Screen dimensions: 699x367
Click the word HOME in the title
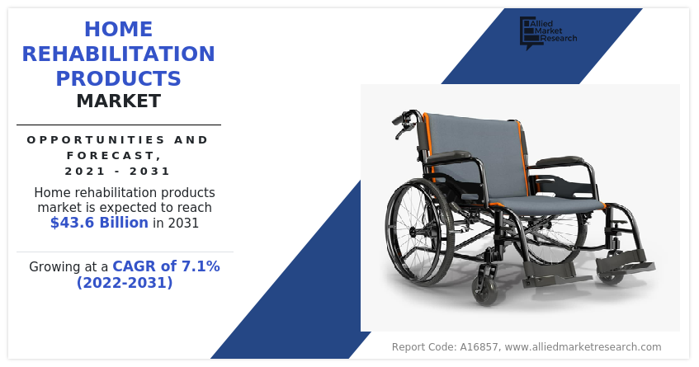click(119, 30)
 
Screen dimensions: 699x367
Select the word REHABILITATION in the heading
click(119, 54)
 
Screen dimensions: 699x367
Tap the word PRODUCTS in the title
click(119, 78)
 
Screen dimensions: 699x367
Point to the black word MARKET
click(119, 101)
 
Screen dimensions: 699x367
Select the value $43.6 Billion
click(99, 222)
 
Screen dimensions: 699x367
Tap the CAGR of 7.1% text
click(166, 266)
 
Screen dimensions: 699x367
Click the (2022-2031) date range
click(125, 282)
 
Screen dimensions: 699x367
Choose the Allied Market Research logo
click(548, 32)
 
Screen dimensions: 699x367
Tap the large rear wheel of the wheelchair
click(419, 232)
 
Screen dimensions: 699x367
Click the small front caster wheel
click(486, 291)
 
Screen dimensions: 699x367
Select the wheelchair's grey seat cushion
click(548, 204)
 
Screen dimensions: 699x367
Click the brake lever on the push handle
click(401, 130)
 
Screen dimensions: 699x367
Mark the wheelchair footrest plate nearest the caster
click(548, 270)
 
